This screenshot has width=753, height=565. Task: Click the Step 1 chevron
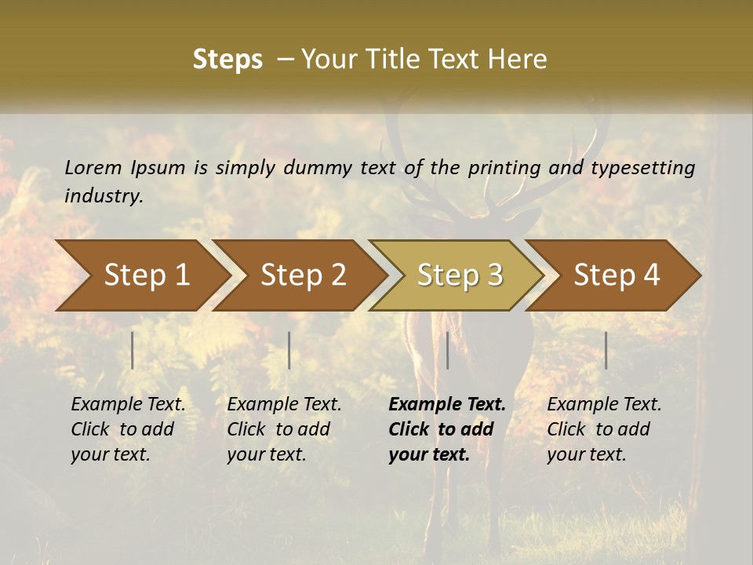[145, 275]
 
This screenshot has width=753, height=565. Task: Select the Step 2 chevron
[302, 275]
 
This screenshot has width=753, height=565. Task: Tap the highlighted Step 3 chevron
[459, 275]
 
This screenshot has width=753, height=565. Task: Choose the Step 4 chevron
[616, 275]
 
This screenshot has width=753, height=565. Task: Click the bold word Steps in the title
[227, 60]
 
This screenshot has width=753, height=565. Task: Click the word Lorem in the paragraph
[93, 167]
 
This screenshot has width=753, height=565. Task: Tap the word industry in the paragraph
[104, 195]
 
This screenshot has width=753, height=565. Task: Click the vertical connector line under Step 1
[133, 350]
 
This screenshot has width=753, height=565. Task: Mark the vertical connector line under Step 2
[289, 350]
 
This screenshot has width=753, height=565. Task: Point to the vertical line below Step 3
[448, 350]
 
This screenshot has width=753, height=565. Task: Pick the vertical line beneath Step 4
[606, 350]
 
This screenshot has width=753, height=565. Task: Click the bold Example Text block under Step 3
[446, 429]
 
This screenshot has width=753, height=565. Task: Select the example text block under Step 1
[128, 429]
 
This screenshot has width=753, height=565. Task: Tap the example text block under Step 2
[284, 429]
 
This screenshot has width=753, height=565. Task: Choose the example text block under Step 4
[604, 429]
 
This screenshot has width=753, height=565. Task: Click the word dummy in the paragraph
[318, 167]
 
